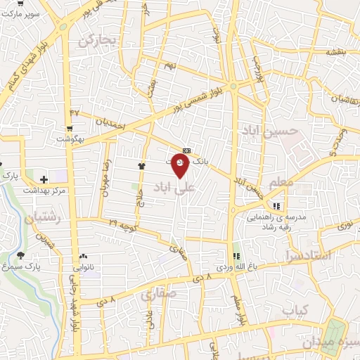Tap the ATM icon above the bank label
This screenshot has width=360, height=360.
click(x=186, y=150)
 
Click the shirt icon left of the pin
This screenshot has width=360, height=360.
click(x=141, y=166)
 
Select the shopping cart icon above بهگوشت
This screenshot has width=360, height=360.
click(x=70, y=127)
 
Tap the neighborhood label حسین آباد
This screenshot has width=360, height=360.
click(x=261, y=131)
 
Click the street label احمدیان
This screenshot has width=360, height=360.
click(x=109, y=124)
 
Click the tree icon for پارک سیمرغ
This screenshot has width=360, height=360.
click(x=20, y=255)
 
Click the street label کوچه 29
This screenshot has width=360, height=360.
click(x=123, y=224)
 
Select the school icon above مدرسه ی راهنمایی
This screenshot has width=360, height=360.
click(x=276, y=207)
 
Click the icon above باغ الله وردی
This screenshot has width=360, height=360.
click(x=236, y=256)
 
